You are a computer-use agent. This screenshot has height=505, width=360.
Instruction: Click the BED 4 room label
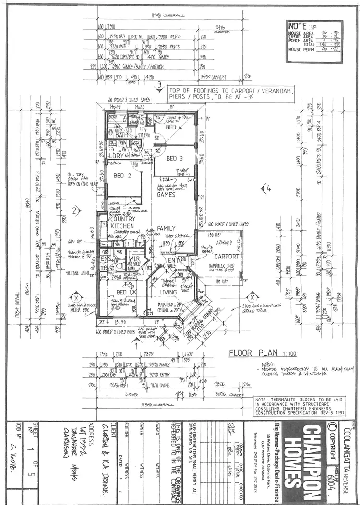tap(173, 128)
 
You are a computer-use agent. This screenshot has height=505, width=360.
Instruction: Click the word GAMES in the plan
tap(167, 195)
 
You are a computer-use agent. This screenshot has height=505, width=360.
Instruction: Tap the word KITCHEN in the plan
tap(122, 225)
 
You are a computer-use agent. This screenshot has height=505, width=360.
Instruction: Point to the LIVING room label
tap(168, 292)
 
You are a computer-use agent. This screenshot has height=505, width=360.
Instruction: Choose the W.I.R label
tap(134, 259)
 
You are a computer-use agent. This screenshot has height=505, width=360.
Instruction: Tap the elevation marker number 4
tap(266, 189)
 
